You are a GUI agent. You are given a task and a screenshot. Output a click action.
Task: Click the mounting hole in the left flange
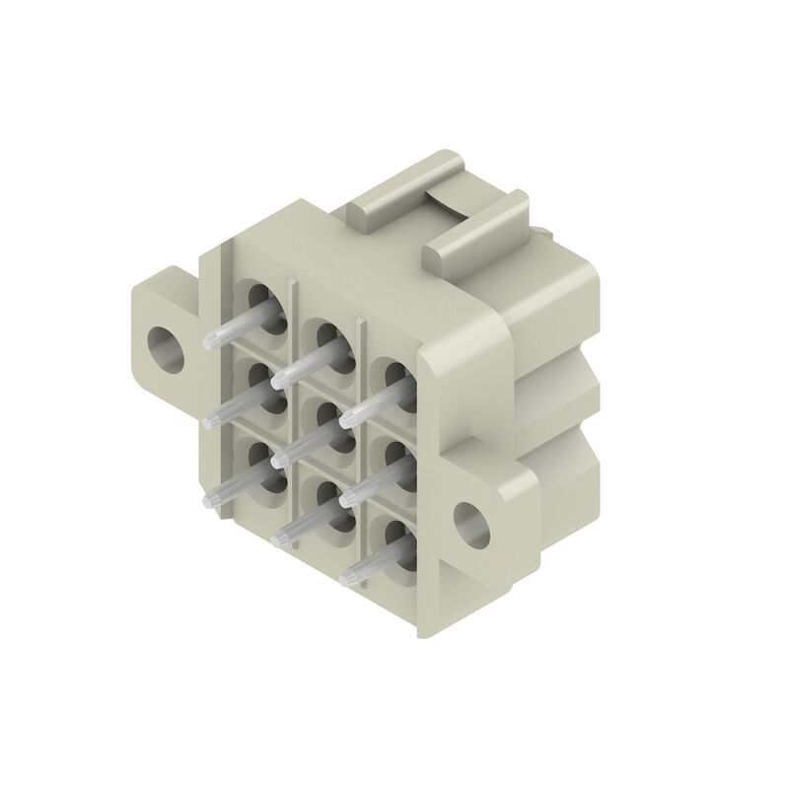pos(165,344)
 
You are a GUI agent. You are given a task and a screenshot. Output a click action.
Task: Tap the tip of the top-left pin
pos(210,344)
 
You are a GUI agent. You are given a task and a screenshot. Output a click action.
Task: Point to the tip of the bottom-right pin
pos(346,578)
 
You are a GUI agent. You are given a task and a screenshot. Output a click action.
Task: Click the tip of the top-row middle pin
pos(278,379)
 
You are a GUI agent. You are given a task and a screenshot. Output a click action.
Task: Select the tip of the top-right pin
pos(346,420)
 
